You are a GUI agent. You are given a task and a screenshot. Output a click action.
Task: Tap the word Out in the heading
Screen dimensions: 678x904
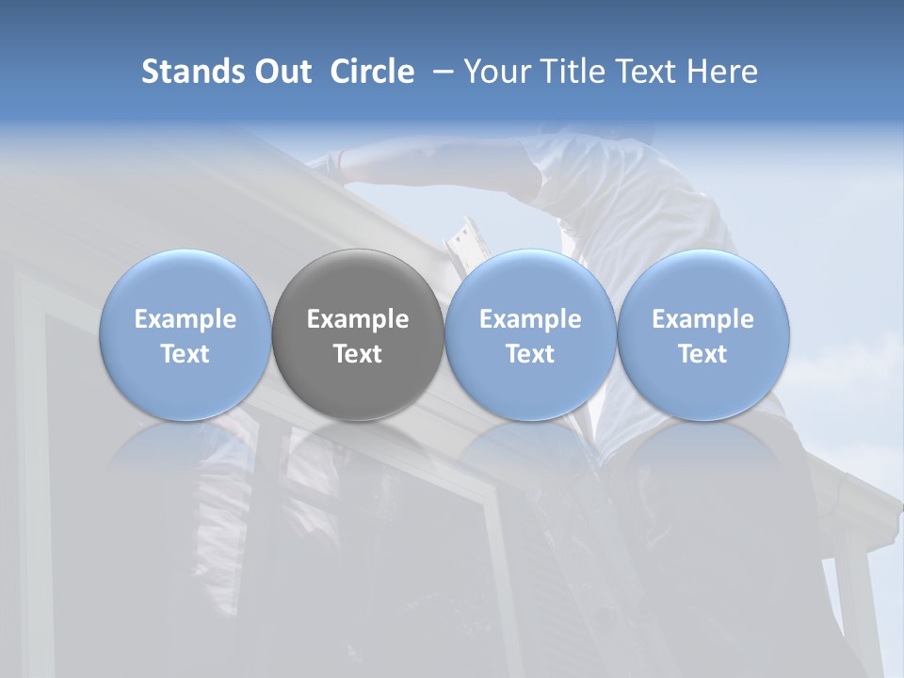tap(282, 72)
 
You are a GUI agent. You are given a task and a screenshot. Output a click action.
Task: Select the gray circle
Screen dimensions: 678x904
tap(358, 335)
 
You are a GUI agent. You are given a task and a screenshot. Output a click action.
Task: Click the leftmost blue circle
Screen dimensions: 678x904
tap(186, 335)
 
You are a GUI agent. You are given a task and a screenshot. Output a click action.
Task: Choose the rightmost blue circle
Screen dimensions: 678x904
tap(702, 335)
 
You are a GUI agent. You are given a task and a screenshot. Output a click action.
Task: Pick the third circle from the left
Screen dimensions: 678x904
tap(530, 335)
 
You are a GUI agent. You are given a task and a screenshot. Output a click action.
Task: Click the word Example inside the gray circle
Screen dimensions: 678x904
tap(358, 319)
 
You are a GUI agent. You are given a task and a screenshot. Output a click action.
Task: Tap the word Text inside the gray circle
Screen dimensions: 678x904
tap(358, 354)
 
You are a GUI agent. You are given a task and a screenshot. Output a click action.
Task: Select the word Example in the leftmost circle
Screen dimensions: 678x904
tap(186, 319)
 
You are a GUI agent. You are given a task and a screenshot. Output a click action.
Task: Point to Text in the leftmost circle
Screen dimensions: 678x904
tap(186, 354)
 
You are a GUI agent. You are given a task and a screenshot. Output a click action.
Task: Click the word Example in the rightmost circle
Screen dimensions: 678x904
tap(702, 319)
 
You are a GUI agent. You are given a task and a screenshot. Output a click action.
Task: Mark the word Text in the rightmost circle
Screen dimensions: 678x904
tap(702, 354)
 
